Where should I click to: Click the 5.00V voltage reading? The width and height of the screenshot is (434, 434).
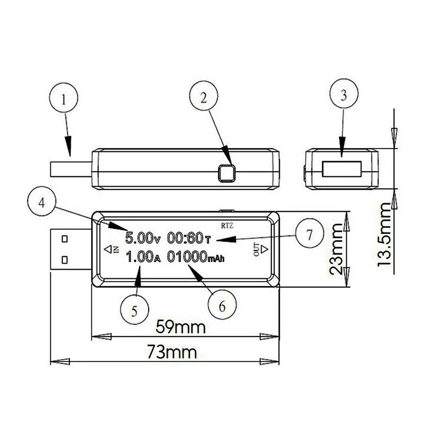(x=142, y=238)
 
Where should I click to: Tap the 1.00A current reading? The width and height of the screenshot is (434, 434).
(x=143, y=256)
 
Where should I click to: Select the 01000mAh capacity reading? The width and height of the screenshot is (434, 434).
(x=196, y=256)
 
